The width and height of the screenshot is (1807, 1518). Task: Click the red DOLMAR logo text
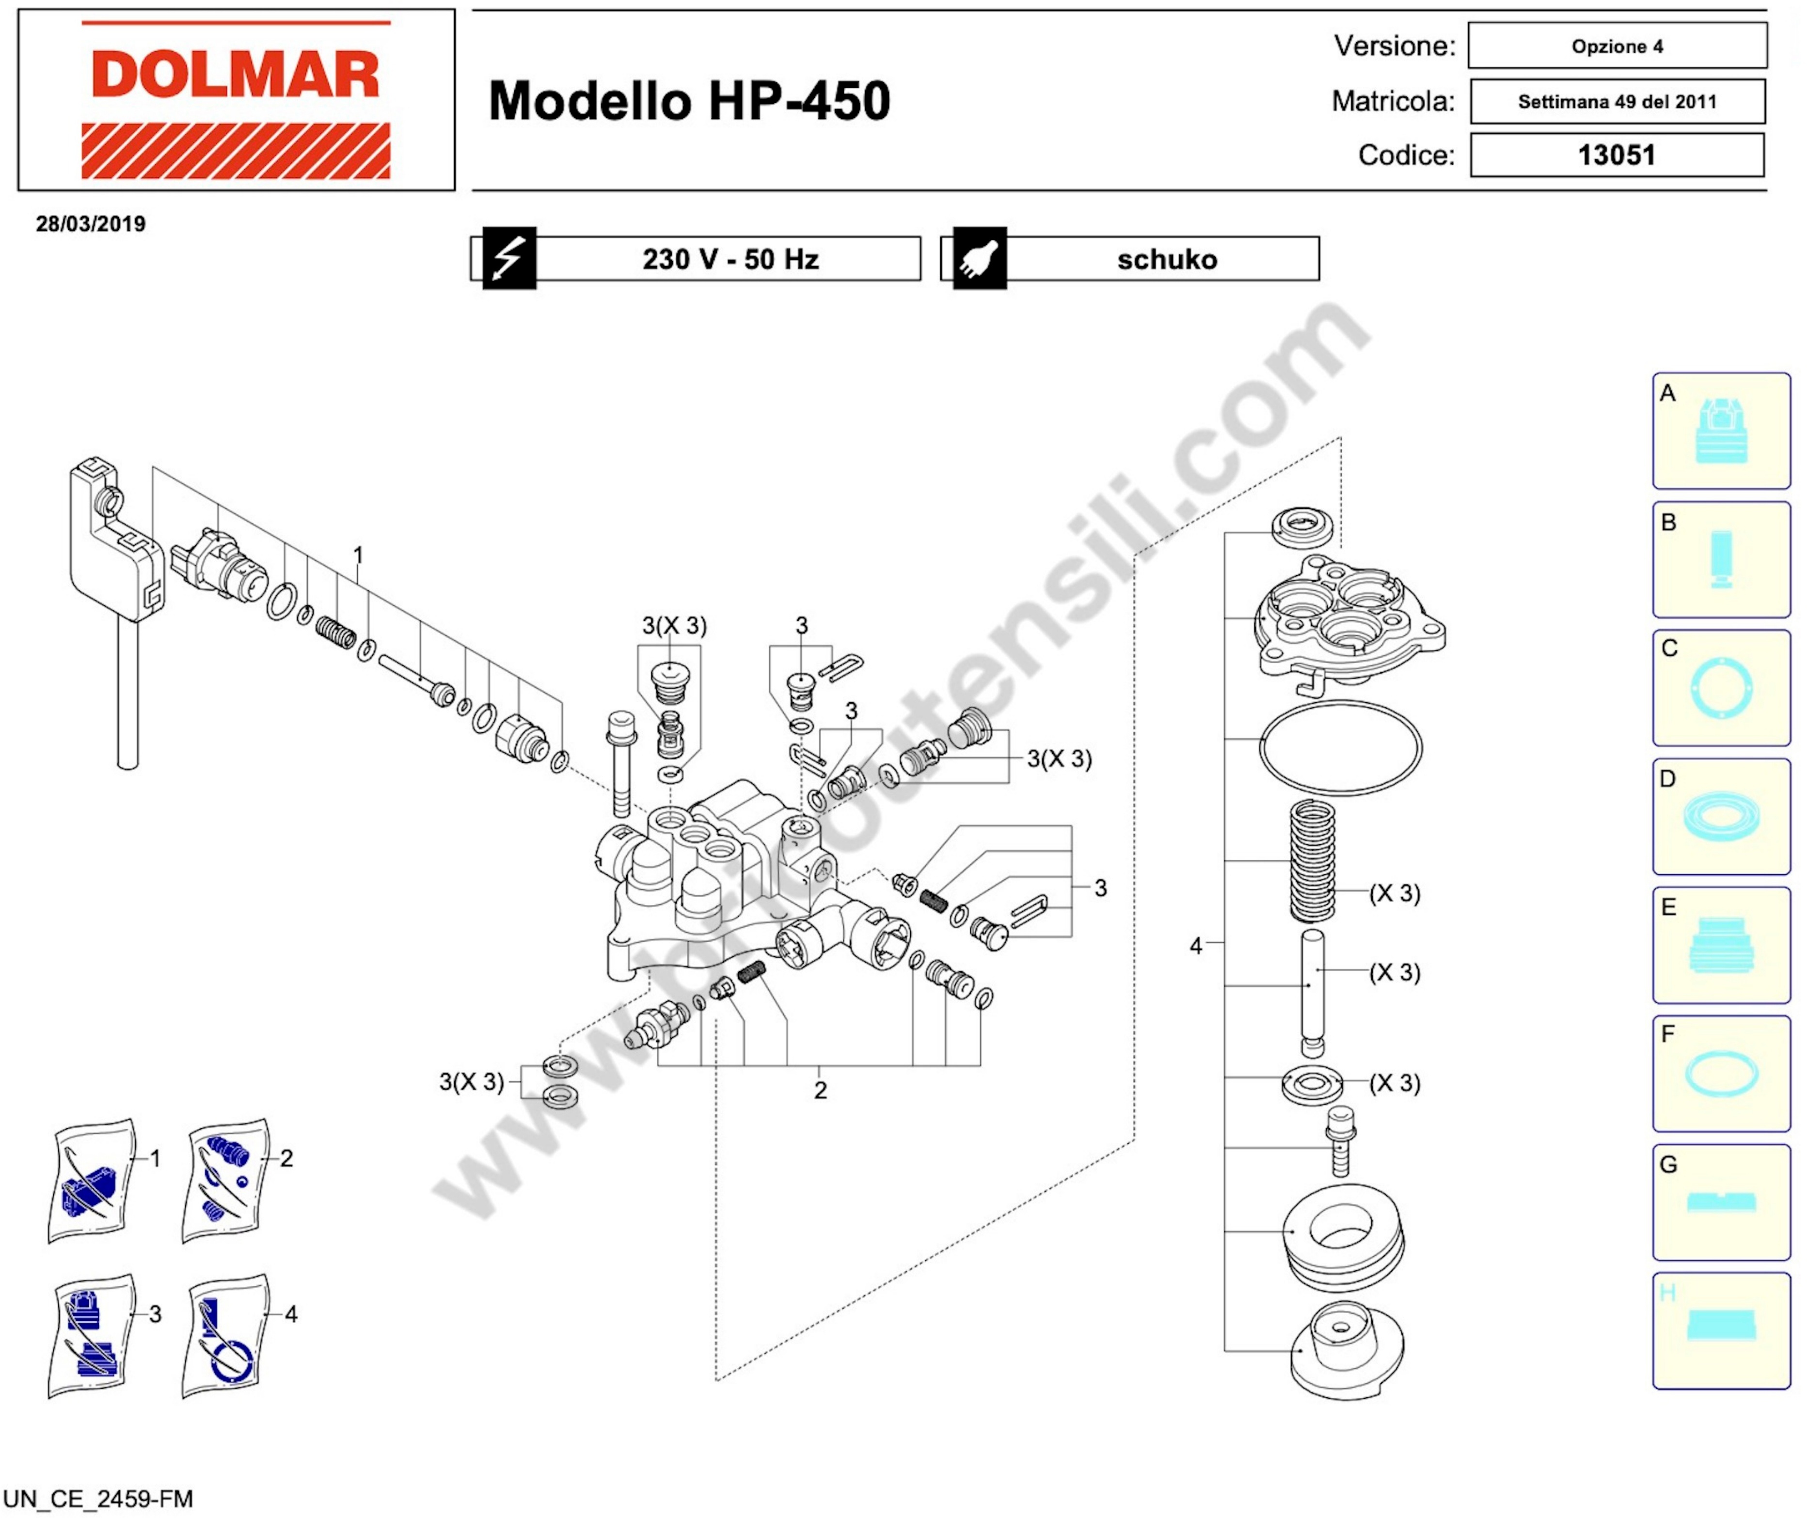pyautogui.click(x=235, y=74)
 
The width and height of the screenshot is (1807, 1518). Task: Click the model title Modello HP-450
pyautogui.click(x=689, y=101)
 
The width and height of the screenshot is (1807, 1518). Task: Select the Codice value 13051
pyautogui.click(x=1617, y=155)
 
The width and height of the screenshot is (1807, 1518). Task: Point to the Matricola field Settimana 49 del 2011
pyautogui.click(x=1617, y=102)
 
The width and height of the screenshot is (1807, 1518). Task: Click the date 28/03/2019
pyautogui.click(x=90, y=224)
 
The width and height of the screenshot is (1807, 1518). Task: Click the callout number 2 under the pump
pyautogui.click(x=820, y=1091)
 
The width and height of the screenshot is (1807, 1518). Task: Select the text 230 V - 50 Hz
pyautogui.click(x=730, y=259)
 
